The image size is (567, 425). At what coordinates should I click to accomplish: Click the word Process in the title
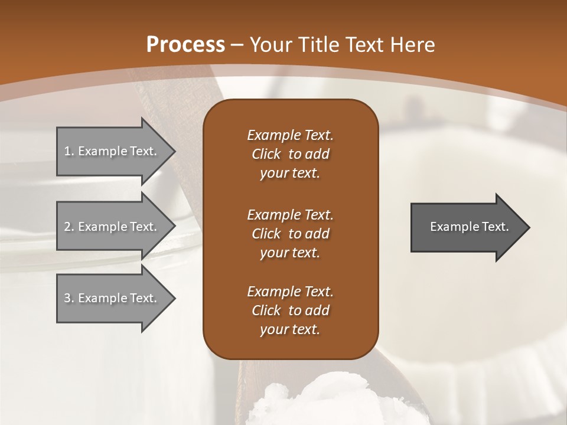[x=185, y=44]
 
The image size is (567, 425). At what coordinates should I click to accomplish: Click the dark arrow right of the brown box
[x=467, y=227]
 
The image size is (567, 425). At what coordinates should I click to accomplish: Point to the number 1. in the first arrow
[x=69, y=151]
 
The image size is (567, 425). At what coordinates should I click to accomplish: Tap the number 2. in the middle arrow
[x=69, y=227]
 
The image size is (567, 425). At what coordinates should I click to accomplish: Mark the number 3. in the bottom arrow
[x=69, y=298]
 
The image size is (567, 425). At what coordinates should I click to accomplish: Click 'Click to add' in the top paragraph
[x=290, y=154]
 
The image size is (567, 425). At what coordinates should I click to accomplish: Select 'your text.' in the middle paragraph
[x=290, y=253]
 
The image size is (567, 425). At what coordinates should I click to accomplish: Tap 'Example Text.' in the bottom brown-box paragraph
[x=290, y=292]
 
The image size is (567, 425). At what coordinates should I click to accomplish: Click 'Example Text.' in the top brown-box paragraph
[x=290, y=135]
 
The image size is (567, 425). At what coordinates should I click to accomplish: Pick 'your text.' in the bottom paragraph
[x=290, y=329]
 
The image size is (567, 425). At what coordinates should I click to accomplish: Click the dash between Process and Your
[x=237, y=45]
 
